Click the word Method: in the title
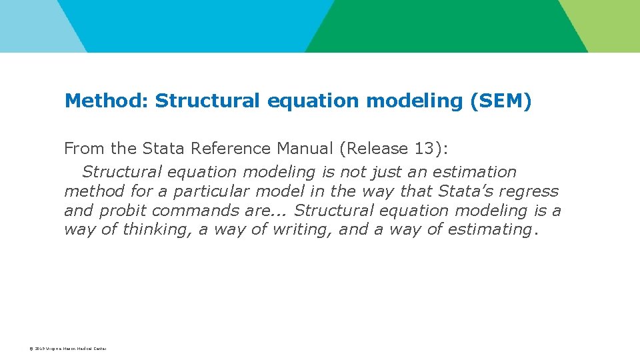pos(106,101)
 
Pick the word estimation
pos(475,172)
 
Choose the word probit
pos(123,211)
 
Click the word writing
pos(303,230)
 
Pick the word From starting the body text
pos(81,148)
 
